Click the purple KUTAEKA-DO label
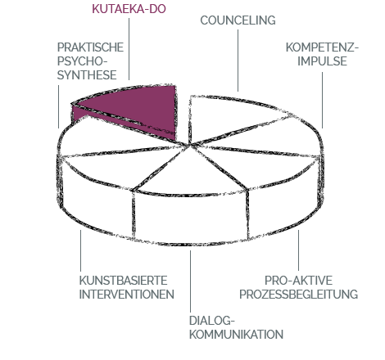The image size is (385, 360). [x=129, y=9]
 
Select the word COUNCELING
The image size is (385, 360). [x=238, y=20]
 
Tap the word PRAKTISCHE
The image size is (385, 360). [x=90, y=47]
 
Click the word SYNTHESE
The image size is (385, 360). [x=87, y=75]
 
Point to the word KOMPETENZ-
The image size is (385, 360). [x=322, y=47]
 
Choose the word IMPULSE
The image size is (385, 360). [x=322, y=61]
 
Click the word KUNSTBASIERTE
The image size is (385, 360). [x=123, y=281]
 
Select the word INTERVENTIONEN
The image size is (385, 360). [x=127, y=295]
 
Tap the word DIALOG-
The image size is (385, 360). [x=212, y=321]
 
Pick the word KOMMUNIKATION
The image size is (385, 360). [x=236, y=335]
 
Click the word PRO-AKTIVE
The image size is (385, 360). [x=298, y=281]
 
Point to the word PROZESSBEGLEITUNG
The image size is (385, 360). [x=298, y=295]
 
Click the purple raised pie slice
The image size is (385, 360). [x=142, y=106]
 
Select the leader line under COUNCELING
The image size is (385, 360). [x=238, y=61]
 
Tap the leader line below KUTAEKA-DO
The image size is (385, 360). [x=129, y=49]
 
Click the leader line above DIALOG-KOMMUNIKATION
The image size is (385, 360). [x=190, y=281]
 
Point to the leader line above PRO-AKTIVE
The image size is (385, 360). [x=298, y=250]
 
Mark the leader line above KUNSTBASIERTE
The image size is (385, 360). [x=80, y=250]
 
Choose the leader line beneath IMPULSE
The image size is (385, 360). [x=322, y=100]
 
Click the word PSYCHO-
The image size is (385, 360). [x=82, y=61]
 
